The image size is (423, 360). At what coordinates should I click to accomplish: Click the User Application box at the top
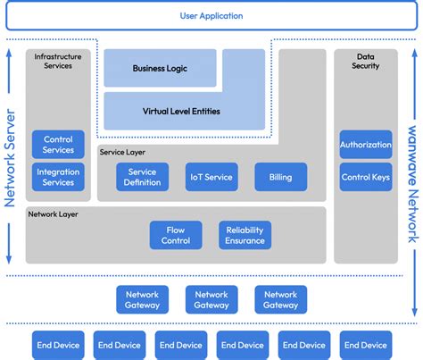tap(211, 15)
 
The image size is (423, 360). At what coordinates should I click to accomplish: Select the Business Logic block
tap(161, 68)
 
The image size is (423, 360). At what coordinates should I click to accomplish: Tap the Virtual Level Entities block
tap(181, 112)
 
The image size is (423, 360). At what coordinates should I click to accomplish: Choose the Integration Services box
tap(58, 177)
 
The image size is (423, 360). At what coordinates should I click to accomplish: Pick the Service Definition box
tap(142, 177)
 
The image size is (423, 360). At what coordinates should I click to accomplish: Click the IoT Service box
tap(211, 177)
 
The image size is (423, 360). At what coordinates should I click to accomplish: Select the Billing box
tap(280, 177)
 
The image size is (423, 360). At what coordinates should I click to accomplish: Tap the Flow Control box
tap(176, 235)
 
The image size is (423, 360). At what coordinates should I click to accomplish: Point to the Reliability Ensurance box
tap(245, 235)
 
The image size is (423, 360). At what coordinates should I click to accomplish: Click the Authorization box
tap(366, 145)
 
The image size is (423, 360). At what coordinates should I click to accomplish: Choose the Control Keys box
tap(366, 177)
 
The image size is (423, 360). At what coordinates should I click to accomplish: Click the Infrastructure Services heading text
tap(58, 61)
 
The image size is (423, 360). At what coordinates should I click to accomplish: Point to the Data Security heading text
tap(366, 61)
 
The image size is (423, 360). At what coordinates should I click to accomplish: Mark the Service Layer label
tap(123, 153)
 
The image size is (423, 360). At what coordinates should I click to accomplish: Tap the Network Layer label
tap(54, 214)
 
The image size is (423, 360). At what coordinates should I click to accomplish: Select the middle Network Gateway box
tap(211, 299)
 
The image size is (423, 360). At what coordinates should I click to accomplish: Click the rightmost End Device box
tap(366, 344)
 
